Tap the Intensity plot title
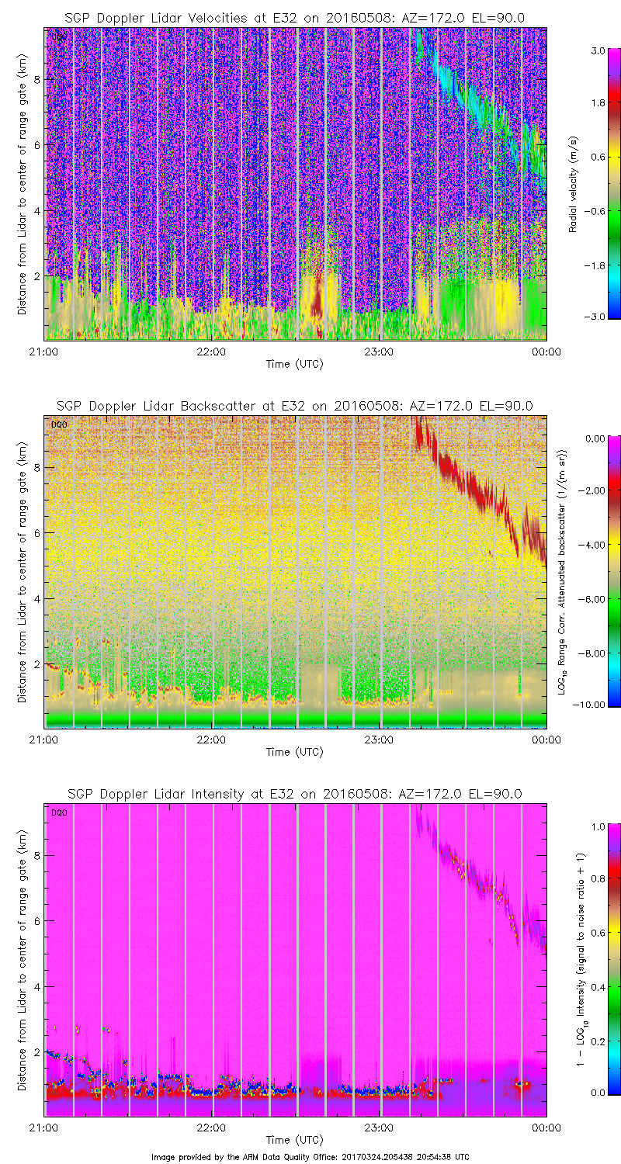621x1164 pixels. click(x=294, y=794)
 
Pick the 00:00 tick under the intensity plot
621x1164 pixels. click(x=546, y=1128)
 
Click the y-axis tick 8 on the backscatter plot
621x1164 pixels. click(x=36, y=467)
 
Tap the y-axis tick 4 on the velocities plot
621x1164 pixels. click(x=36, y=210)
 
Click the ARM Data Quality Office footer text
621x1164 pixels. click(x=310, y=1157)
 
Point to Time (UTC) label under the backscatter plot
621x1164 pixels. click(x=294, y=752)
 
